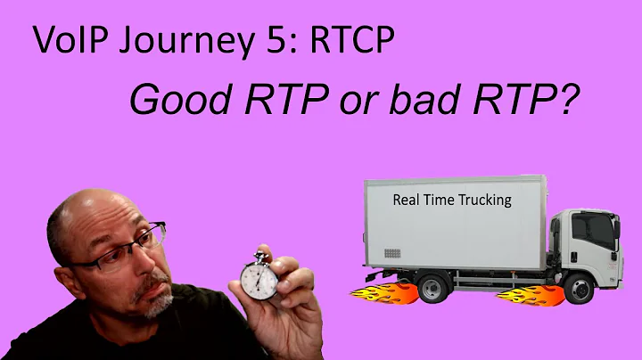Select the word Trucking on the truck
coord(482,200)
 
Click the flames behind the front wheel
coord(522,293)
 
